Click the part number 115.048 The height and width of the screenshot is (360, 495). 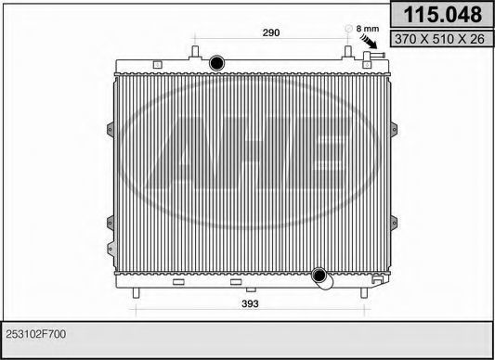[443, 15]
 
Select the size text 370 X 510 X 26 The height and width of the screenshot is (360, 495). [439, 39]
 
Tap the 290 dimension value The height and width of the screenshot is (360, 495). [271, 32]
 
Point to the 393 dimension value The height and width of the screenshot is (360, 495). [250, 303]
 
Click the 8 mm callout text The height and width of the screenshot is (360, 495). [368, 29]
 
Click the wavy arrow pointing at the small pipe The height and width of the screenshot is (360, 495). [369, 42]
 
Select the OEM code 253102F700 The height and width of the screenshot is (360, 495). [36, 334]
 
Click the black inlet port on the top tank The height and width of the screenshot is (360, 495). [217, 63]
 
